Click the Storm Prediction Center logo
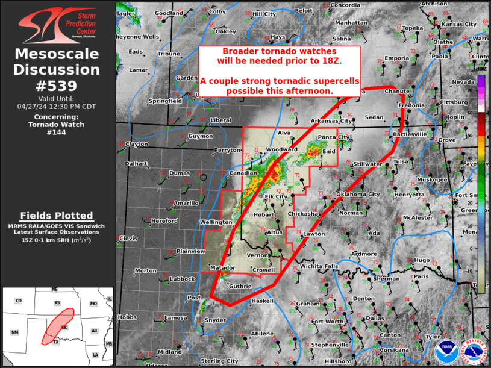click(x=57, y=23)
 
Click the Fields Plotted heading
click(x=57, y=216)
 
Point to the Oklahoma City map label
click(x=358, y=195)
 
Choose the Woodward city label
click(x=282, y=149)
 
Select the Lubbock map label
click(x=181, y=279)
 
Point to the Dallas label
click(x=374, y=319)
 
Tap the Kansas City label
click(x=459, y=24)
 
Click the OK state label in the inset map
click(x=65, y=328)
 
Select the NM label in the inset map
click(x=15, y=332)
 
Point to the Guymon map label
click(x=201, y=137)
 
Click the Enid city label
click(x=329, y=152)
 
